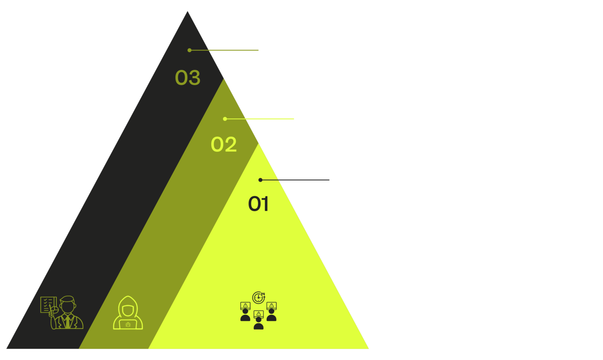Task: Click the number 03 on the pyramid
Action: [188, 78]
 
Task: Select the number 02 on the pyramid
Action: [224, 144]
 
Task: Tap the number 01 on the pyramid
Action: [258, 204]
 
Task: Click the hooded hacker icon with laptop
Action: [128, 313]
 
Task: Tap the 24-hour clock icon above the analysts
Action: [258, 297]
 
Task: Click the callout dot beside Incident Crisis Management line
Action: [190, 50]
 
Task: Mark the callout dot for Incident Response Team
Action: [225, 119]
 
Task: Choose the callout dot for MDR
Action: [260, 180]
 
